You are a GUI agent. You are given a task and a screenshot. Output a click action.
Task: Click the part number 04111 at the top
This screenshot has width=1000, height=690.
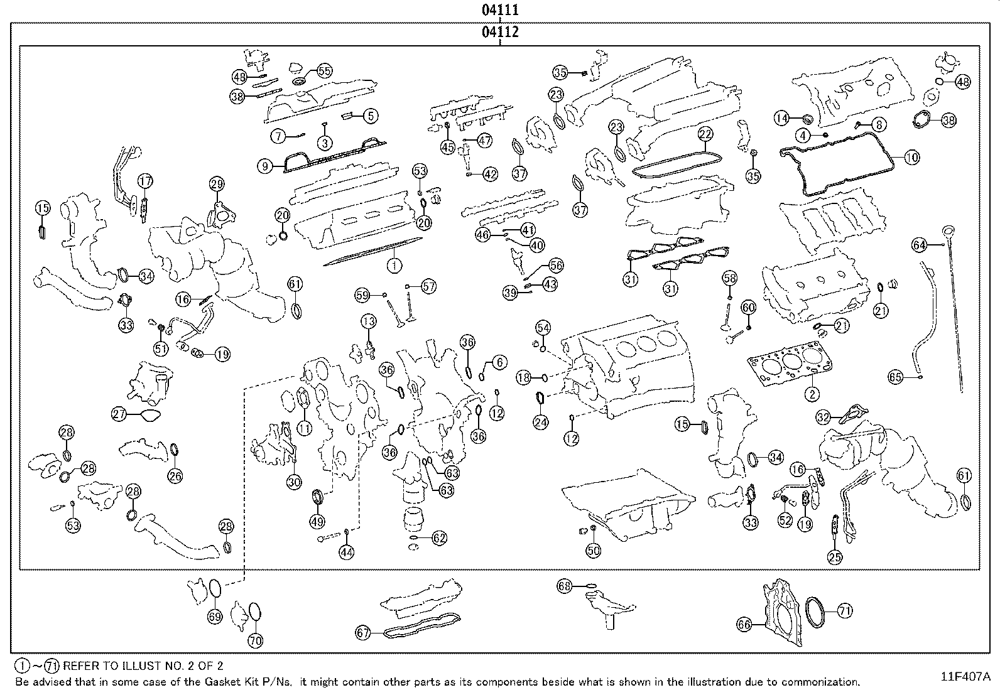click(500, 9)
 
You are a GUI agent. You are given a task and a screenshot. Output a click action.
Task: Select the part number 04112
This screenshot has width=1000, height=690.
click(500, 32)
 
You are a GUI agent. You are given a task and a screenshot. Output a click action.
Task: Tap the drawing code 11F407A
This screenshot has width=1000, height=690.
click(965, 676)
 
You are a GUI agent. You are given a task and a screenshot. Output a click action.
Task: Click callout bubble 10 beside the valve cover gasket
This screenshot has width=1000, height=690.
click(911, 158)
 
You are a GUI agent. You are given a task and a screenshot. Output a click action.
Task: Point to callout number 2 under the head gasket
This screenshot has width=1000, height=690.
click(812, 394)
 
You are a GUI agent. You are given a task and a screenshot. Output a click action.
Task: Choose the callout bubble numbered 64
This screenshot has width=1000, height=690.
click(920, 245)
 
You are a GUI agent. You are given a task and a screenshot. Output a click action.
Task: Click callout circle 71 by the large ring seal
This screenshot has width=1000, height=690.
click(844, 610)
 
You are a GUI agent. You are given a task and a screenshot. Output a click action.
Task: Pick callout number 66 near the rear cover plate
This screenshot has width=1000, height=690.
click(744, 624)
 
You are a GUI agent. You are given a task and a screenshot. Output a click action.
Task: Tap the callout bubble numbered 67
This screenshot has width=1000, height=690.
click(363, 633)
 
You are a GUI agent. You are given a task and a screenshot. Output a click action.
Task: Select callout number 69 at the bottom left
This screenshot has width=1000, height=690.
click(215, 617)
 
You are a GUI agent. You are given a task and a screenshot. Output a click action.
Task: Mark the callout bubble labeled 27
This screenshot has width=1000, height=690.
click(119, 414)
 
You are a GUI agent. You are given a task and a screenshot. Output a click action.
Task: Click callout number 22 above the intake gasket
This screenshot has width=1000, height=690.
click(705, 134)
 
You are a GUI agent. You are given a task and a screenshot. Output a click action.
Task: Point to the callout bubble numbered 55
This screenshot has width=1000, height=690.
click(324, 71)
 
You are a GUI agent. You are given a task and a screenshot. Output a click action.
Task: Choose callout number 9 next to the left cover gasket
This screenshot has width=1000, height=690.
click(265, 166)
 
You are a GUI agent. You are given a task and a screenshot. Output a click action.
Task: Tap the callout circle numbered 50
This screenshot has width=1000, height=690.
click(593, 551)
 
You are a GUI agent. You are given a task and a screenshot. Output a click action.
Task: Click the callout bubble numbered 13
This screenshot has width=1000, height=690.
click(368, 322)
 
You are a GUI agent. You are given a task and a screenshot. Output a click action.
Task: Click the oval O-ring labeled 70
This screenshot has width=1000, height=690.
click(255, 612)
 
